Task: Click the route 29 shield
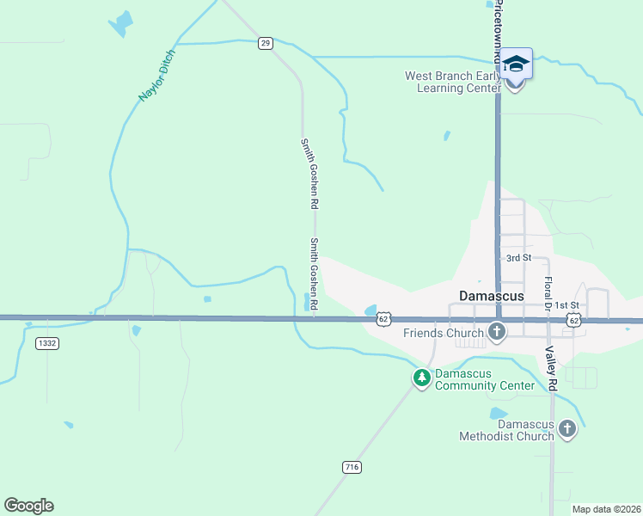click(266, 43)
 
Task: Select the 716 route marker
click(351, 467)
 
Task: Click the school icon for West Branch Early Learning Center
click(516, 64)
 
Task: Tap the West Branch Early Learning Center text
click(453, 82)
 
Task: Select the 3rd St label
click(518, 258)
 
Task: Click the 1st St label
click(566, 305)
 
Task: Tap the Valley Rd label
click(552, 370)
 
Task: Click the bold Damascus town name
click(491, 295)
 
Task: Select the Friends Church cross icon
click(496, 332)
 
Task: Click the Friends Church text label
click(443, 333)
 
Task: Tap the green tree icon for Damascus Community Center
click(421, 378)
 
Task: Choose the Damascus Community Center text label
click(484, 379)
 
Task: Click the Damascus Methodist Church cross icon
click(566, 428)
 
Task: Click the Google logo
click(28, 506)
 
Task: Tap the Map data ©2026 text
click(605, 509)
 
